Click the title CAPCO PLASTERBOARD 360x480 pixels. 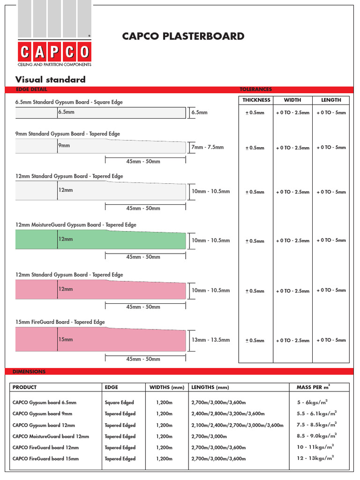click(183, 36)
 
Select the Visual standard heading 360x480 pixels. click(51, 79)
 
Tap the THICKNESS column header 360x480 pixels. click(256, 100)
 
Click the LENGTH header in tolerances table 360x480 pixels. click(331, 100)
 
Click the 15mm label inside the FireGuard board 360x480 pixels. click(66, 339)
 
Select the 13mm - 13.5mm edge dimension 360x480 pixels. click(211, 340)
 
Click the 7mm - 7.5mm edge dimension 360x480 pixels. click(208, 147)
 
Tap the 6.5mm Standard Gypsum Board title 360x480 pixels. click(69, 102)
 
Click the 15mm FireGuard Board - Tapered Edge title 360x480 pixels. click(60, 322)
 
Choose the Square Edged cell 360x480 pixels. click(119, 402)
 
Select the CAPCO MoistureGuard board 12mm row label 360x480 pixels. click(51, 436)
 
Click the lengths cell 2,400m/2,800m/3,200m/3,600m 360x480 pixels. click(228, 414)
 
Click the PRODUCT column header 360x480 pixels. click(24, 387)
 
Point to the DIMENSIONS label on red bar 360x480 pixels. click(29, 371)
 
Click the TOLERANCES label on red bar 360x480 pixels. click(255, 89)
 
